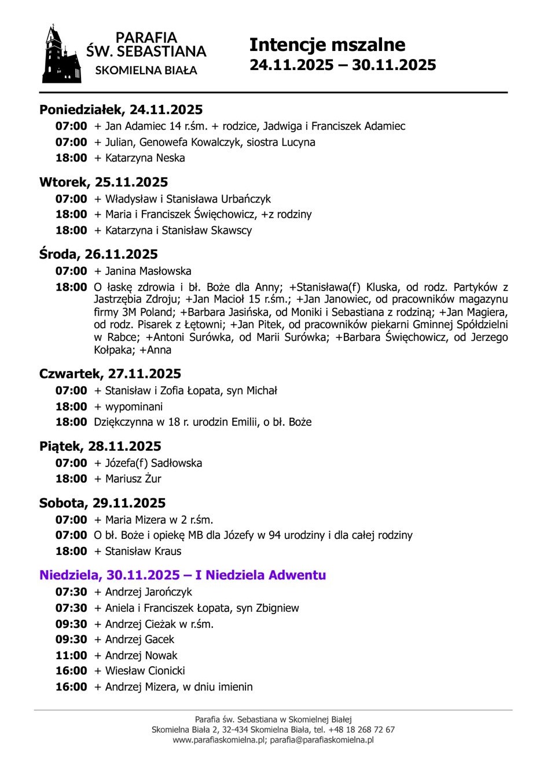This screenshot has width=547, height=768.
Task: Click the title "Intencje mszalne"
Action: [x=327, y=45]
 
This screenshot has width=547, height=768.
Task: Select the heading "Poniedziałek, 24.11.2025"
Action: [x=121, y=109]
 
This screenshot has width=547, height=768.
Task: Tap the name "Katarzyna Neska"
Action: [x=145, y=158]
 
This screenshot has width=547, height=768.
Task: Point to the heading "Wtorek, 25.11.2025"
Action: [x=104, y=182]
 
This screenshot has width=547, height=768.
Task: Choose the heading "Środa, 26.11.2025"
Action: [x=98, y=254]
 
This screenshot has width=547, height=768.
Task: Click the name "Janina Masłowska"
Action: [x=148, y=271]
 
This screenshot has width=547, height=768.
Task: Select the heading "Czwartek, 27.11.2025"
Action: [x=110, y=374]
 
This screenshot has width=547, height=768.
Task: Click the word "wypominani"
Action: [x=134, y=407]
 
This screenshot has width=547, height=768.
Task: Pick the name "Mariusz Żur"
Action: [x=133, y=479]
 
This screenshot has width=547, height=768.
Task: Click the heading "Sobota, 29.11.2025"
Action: [x=102, y=503]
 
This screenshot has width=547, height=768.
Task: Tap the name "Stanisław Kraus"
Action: [x=143, y=551]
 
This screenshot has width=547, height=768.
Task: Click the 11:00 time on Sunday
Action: [x=71, y=655]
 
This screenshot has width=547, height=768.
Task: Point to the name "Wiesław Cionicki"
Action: [x=145, y=671]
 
